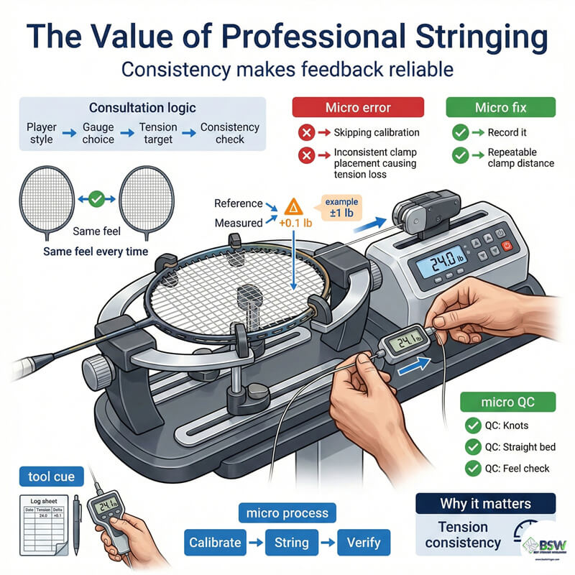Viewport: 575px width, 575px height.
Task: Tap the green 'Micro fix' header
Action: tap(501, 108)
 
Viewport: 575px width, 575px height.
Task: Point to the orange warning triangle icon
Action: tap(293, 207)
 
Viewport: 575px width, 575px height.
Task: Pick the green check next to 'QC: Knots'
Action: tap(472, 425)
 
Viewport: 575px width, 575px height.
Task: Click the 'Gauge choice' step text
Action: tap(99, 132)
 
